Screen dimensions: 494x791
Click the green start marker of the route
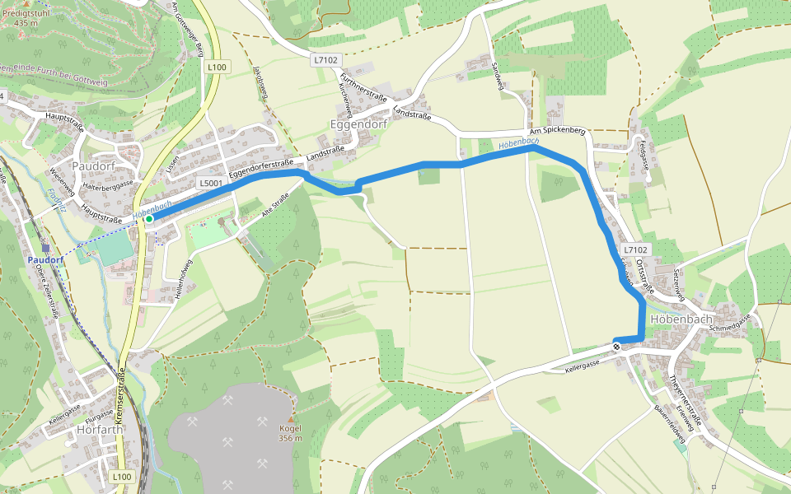pos(148,219)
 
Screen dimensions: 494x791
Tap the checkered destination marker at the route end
pos(616,346)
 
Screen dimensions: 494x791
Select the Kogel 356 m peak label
pos(290,433)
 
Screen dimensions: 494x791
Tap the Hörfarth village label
pos(99,429)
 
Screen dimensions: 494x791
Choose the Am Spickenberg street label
pos(557,131)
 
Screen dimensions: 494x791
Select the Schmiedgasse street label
pos(731,322)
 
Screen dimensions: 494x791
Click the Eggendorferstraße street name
pos(262,167)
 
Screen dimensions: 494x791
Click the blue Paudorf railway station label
pos(45,259)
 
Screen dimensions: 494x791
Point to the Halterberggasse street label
pos(103,188)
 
